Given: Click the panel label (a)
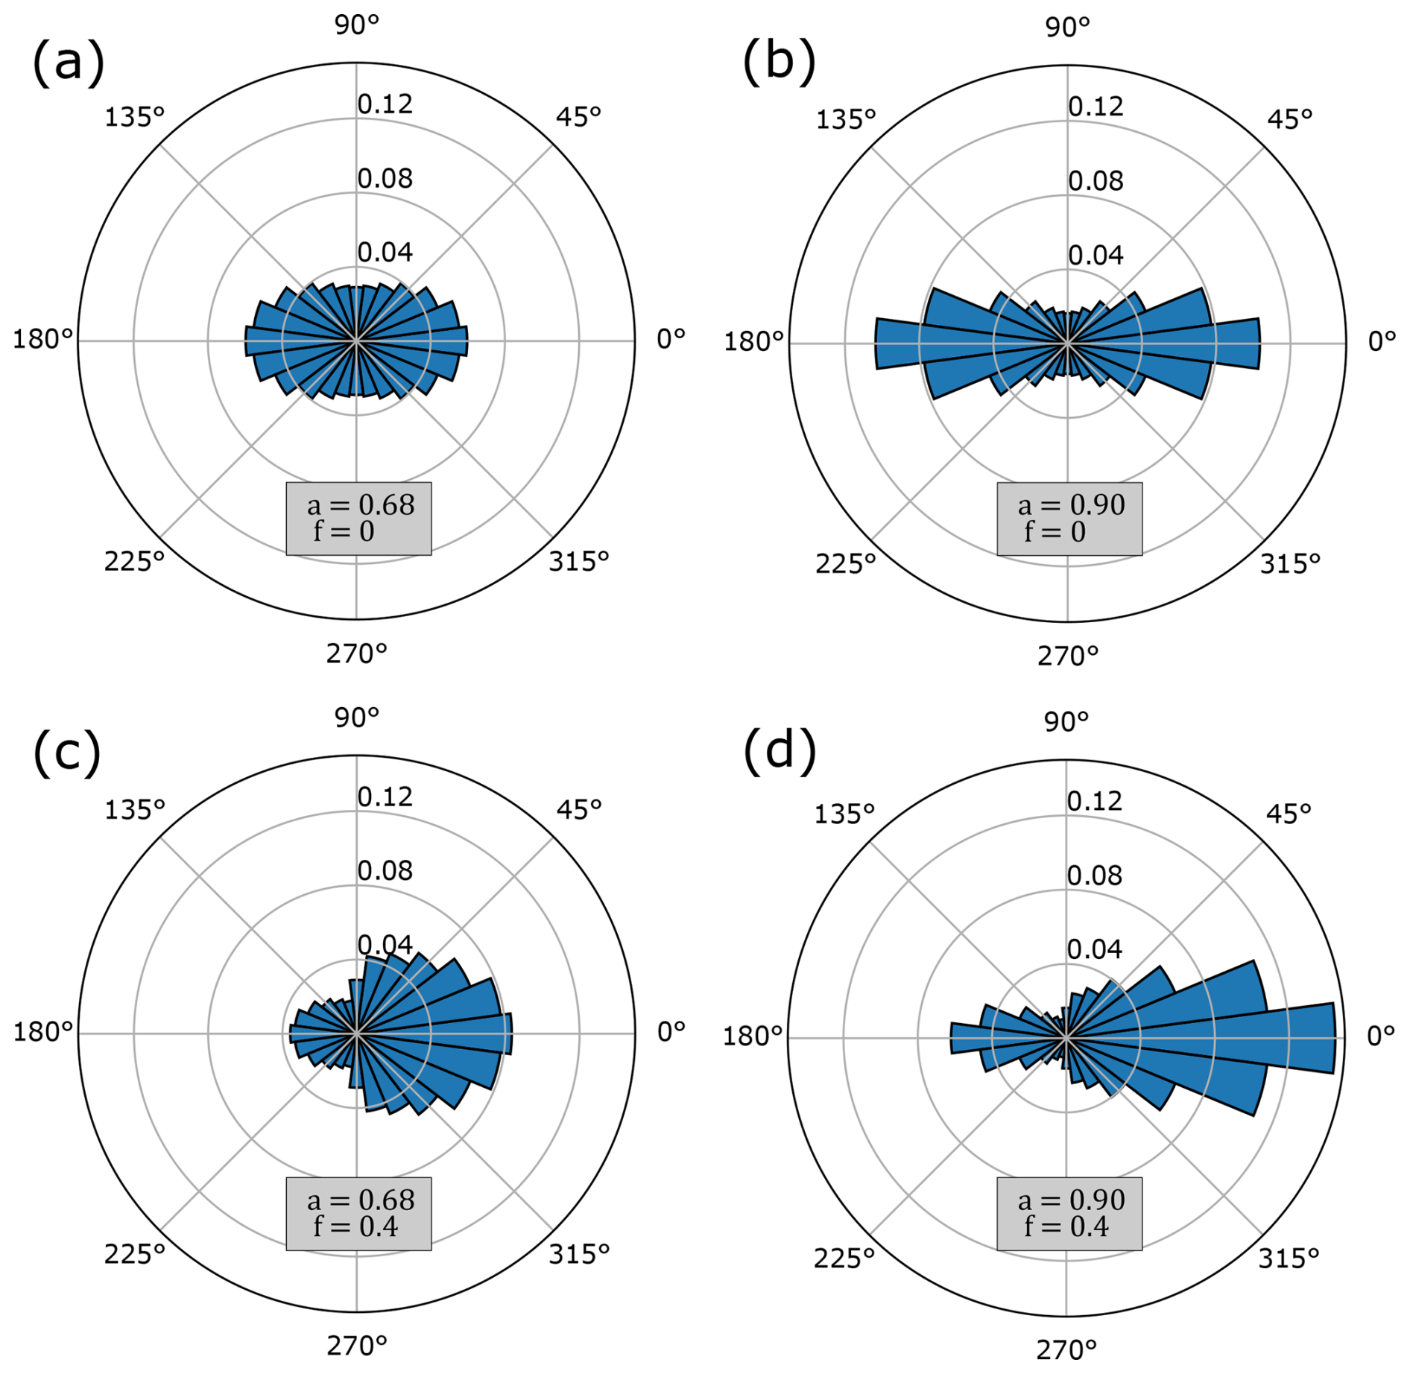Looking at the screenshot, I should pos(68,62).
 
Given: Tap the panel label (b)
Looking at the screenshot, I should pos(779,62).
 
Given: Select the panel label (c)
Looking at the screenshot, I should pos(67,753).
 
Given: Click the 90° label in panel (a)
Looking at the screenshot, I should pos(356,25).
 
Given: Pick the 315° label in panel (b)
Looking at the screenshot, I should pos(1290,564).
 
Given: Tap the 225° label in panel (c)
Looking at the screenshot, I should pos(134,1254).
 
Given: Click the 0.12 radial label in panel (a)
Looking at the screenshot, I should pos(385,104).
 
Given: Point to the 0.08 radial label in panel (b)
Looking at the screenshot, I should pos(1096,181).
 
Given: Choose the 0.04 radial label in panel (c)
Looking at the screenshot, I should pos(385,945).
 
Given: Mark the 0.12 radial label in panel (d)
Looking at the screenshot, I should pos(1094,801).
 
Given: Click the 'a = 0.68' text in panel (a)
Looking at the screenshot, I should pos(361,505).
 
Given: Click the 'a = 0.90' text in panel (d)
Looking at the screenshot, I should pos(1071,1200).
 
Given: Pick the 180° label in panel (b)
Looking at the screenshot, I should pos(753,342).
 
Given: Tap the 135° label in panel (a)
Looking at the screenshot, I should pos(134,118).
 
